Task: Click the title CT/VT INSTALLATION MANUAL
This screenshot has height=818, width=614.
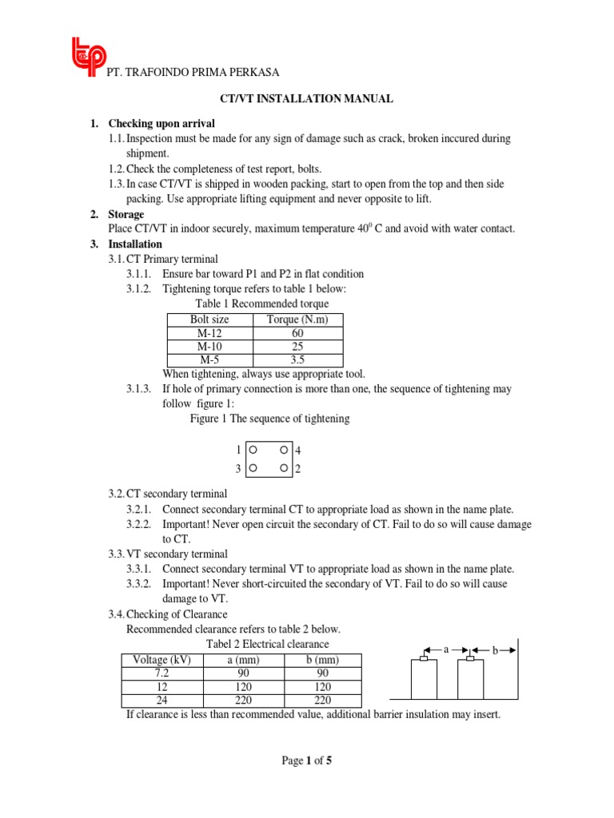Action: pos(306,99)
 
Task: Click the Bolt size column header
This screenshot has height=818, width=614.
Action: pos(209,320)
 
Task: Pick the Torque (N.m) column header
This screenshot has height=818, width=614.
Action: pos(297,320)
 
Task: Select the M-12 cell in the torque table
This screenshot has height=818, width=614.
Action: pos(209,333)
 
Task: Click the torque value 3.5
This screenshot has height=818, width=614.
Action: pos(297,360)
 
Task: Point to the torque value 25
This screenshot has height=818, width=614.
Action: pos(297,347)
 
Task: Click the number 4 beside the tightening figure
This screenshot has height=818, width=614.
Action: pos(298,451)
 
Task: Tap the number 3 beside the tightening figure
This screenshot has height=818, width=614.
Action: pos(238,469)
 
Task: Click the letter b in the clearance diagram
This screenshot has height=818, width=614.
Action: pos(495,651)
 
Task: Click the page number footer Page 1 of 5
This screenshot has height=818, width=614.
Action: pos(306,760)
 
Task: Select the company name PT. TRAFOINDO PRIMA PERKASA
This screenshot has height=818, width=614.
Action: pos(193,73)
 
